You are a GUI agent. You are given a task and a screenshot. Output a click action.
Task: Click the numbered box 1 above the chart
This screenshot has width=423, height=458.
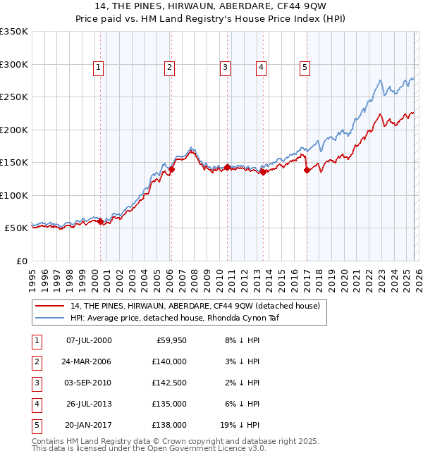click(x=98, y=68)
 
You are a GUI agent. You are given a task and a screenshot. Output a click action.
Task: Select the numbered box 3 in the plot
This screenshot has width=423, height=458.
click(x=225, y=68)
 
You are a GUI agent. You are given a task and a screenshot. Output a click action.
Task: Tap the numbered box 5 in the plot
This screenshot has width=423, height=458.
click(x=305, y=68)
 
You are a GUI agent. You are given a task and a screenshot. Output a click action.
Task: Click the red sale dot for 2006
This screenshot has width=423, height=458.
click(x=171, y=169)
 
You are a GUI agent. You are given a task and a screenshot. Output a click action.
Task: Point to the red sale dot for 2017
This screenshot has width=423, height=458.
click(x=307, y=170)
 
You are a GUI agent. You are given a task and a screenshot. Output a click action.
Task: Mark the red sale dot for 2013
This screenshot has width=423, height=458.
click(x=263, y=172)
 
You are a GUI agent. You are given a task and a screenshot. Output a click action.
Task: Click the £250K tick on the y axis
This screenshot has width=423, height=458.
click(x=14, y=97)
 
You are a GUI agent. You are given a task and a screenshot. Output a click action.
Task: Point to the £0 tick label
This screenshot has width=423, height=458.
click(x=21, y=261)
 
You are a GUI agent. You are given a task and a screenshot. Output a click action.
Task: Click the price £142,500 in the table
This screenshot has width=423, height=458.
click(x=170, y=383)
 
